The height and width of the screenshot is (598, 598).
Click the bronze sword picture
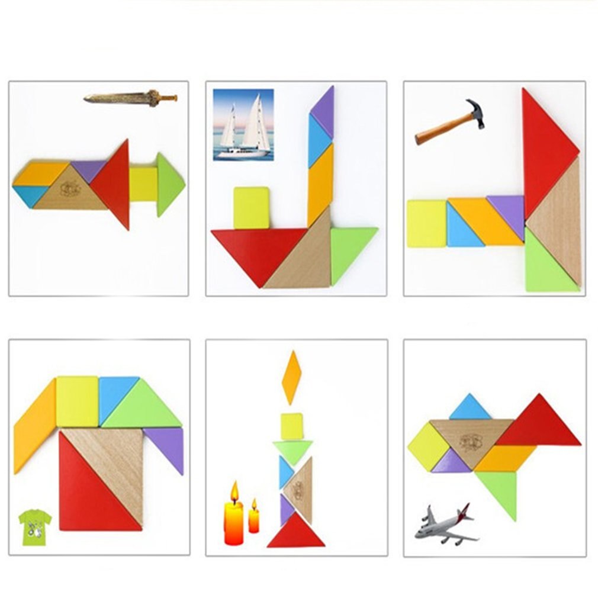pos(130,97)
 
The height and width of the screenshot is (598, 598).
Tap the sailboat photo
pos(243,125)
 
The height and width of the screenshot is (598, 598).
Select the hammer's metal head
pos(475,112)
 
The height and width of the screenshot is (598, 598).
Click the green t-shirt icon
pos(34,526)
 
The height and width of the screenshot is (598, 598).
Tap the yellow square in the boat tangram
pos(251,207)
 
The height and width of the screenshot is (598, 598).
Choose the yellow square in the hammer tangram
pos(426,223)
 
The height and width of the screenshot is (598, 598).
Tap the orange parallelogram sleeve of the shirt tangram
pos(34,426)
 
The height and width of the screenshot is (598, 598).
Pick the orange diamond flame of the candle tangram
pos(291,377)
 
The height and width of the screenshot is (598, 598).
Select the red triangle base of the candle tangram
pos(295,532)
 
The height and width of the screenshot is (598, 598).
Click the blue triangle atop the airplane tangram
pos(470,409)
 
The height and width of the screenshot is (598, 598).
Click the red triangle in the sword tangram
pos(115,184)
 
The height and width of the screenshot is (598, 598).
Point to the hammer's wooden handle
pos(441,128)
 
